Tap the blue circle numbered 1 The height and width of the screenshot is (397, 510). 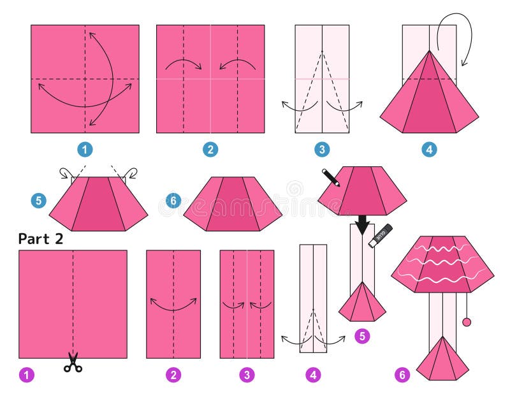85,150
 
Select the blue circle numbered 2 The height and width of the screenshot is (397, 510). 210,150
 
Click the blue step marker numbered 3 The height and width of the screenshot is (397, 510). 322,150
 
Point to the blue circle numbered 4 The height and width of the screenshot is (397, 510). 429,150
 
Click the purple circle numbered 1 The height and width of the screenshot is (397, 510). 25,375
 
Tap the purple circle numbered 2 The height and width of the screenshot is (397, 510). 173,375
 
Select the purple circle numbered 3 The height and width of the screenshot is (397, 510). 247,375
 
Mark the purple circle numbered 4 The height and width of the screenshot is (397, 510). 313,375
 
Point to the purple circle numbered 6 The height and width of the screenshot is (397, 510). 401,375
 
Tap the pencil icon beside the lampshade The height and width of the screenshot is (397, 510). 331,177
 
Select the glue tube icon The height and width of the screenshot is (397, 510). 381,235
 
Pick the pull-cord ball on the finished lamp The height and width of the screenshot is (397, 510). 467,322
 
